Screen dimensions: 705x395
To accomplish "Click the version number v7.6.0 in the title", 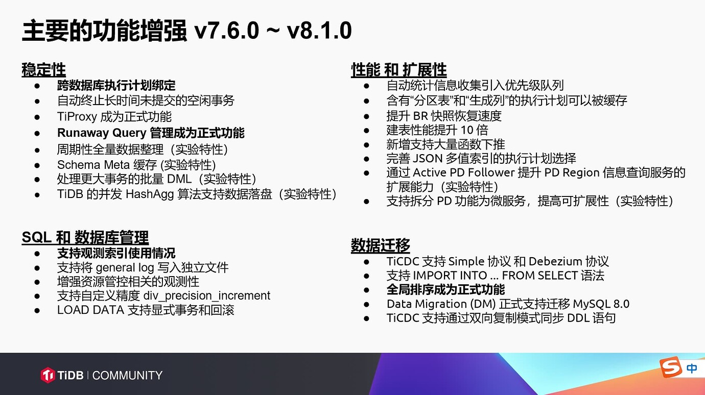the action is click(x=227, y=31).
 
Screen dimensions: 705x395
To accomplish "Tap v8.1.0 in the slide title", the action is click(x=319, y=31).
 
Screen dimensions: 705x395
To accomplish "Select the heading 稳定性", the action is click(x=44, y=69).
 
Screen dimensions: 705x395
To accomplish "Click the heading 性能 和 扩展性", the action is click(x=399, y=69).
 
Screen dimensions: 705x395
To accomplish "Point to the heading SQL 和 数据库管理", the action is click(x=85, y=237).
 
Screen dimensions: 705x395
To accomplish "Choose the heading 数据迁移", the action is click(x=381, y=245).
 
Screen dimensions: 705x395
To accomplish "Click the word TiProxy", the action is click(x=77, y=117).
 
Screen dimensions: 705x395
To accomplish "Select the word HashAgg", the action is click(x=150, y=194).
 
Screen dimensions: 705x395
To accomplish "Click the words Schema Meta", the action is click(x=93, y=165).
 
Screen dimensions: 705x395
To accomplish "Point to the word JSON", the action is click(x=427, y=159).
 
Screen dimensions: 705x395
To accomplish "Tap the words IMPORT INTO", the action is click(x=450, y=276).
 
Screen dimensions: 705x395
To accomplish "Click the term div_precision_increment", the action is click(x=207, y=295).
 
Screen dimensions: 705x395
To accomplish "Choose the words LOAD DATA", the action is click(x=90, y=310).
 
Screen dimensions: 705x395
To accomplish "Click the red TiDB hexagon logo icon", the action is click(x=48, y=375).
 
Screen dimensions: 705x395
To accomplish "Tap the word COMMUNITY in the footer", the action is click(x=127, y=375).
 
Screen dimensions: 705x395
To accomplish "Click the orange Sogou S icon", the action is click(x=671, y=367).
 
